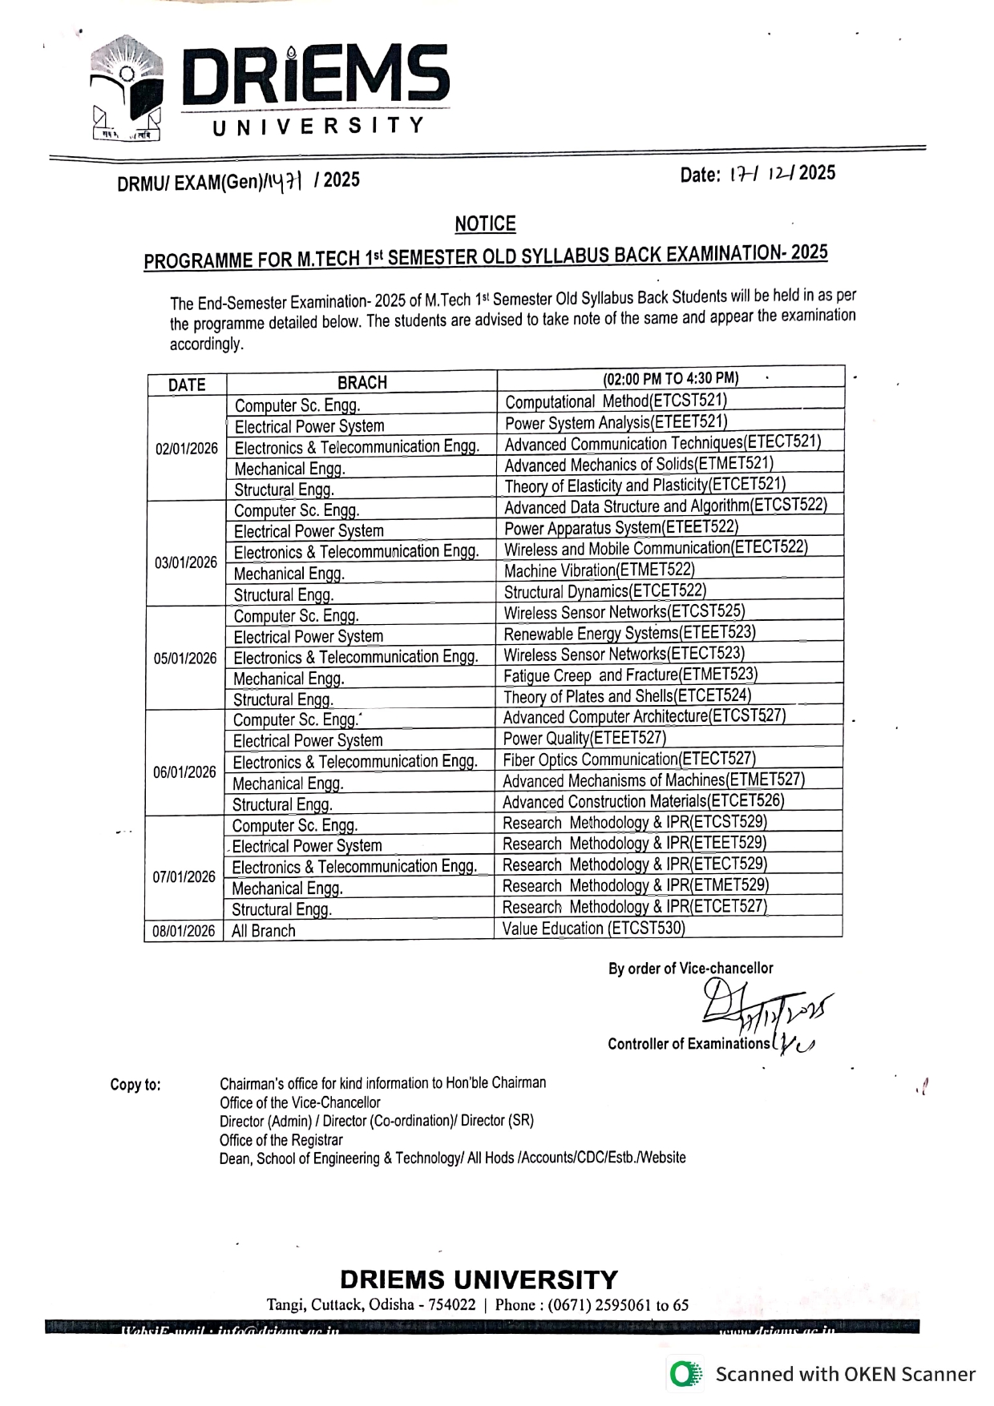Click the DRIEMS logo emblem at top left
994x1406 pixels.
tap(127, 88)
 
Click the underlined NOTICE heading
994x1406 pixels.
tap(485, 224)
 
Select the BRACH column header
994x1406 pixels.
tap(362, 383)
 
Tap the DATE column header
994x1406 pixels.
tap(187, 385)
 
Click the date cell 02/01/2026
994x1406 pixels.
tap(187, 449)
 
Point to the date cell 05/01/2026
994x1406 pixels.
tap(185, 659)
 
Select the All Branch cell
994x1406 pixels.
tap(264, 931)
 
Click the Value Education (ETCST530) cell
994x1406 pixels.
tap(594, 929)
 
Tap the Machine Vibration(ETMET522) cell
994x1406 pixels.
tap(599, 570)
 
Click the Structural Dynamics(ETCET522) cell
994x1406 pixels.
tap(604, 591)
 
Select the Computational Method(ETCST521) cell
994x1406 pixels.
tap(616, 401)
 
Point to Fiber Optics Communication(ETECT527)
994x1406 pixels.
tap(629, 759)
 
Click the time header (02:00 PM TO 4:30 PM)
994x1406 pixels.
tap(671, 378)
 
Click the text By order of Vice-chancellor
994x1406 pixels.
tap(690, 969)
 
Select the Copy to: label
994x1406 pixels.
tap(135, 1086)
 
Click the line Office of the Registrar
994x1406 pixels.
tap(281, 1140)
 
